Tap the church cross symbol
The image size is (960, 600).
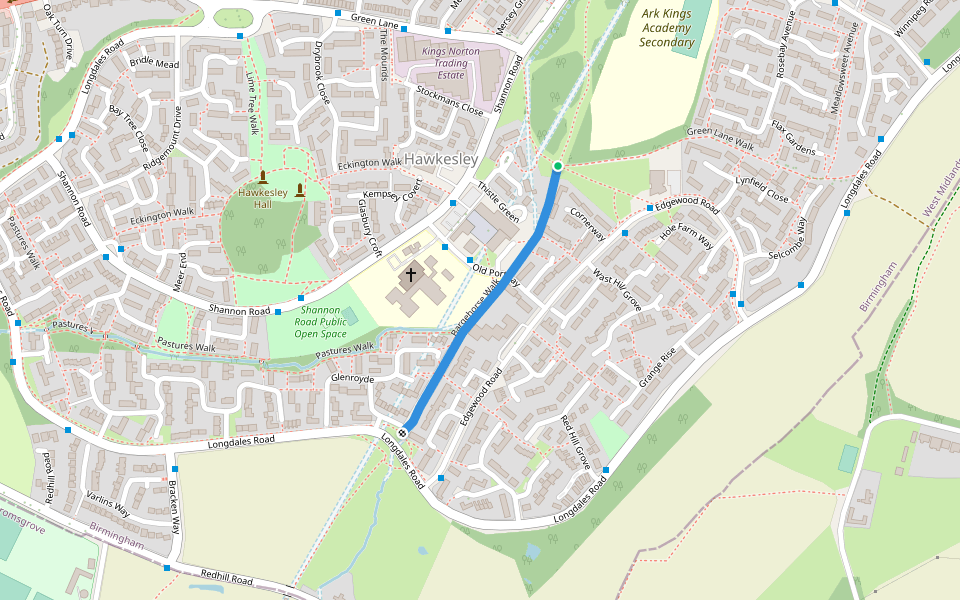pos(411,274)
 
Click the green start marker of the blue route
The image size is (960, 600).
pos(557,166)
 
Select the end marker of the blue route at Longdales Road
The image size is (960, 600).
pos(402,432)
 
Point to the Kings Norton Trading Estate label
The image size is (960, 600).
pos(450,63)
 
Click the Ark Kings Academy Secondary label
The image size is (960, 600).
pos(667,29)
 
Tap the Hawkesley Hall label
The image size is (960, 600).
pos(262,197)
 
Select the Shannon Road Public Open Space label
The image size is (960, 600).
pos(322,323)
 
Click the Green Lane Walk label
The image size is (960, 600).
pos(720,138)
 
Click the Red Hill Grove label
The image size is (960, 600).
pos(575,441)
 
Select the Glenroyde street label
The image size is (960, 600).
pos(352,379)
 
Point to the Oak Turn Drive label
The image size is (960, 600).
pos(57,32)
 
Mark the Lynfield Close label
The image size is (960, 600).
pos(762,190)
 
